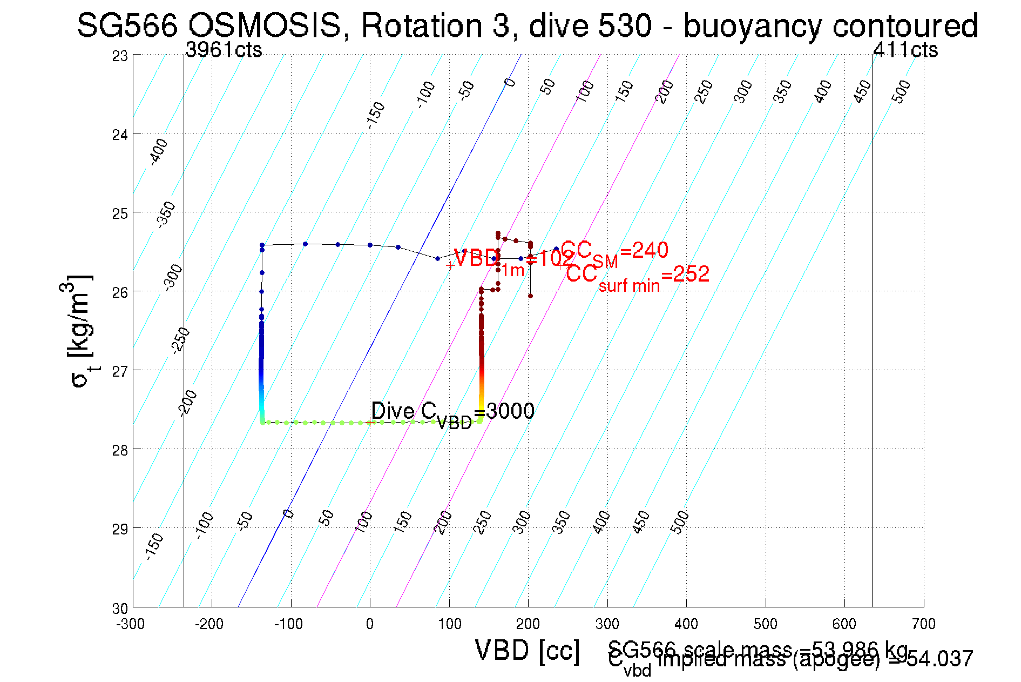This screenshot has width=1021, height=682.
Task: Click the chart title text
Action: (x=527, y=25)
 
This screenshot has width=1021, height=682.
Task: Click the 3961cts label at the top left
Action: (x=224, y=50)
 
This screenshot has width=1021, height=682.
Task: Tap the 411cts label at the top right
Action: (x=905, y=50)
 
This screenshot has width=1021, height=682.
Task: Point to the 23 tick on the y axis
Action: (x=120, y=56)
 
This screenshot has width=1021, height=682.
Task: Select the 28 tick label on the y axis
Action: (x=120, y=450)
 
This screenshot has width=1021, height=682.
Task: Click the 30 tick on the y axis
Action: (x=120, y=608)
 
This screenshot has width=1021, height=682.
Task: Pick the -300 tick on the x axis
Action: (x=131, y=624)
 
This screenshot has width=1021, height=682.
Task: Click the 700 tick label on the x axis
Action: (x=923, y=624)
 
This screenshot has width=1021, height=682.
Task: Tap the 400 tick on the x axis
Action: (x=686, y=624)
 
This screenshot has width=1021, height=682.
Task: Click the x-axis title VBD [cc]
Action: (x=528, y=650)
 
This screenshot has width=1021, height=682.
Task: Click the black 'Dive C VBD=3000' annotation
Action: (x=452, y=413)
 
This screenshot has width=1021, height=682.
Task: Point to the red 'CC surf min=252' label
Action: (x=637, y=277)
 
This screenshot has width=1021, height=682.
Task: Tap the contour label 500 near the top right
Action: (x=901, y=91)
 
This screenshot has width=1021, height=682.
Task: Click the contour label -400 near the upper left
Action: (x=158, y=151)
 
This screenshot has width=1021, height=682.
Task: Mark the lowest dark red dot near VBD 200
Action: (x=530, y=296)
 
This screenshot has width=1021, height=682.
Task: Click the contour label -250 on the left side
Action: (x=181, y=340)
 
